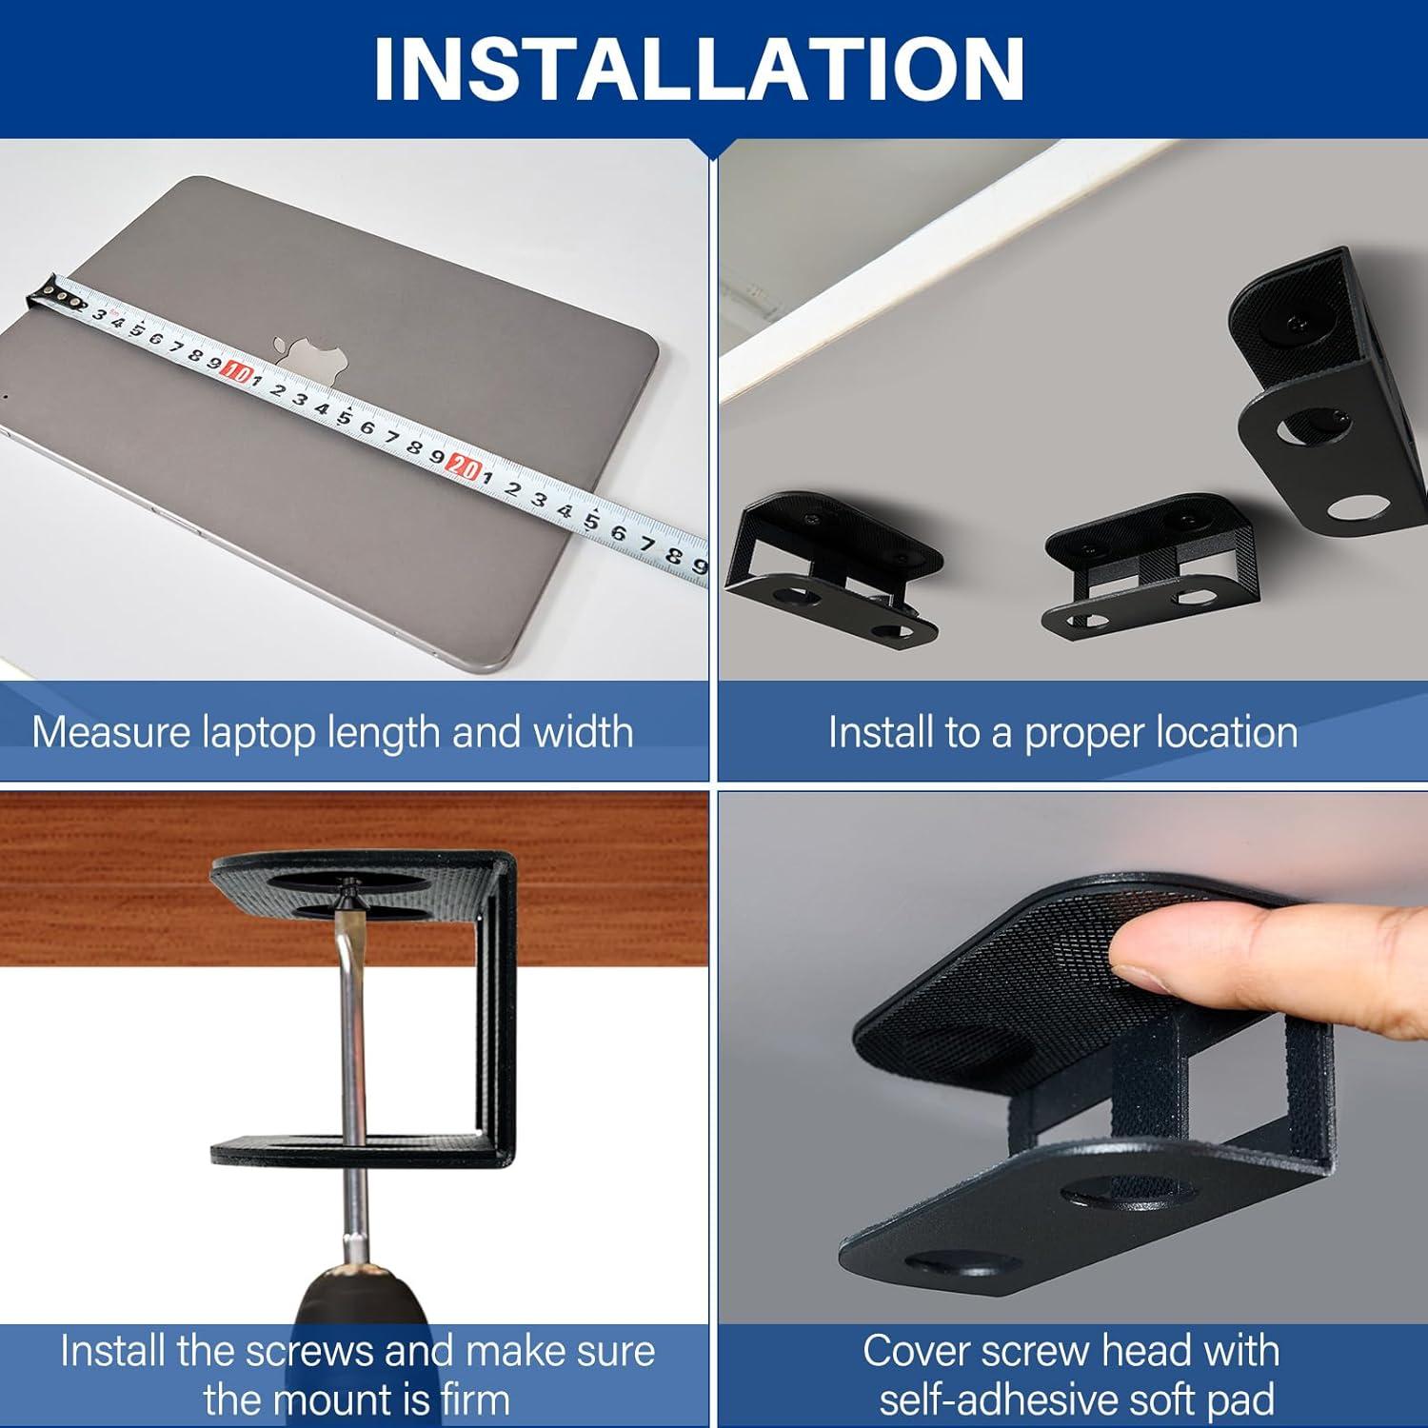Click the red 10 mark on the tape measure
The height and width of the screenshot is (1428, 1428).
[x=235, y=373]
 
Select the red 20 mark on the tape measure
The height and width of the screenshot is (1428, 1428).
[x=464, y=466]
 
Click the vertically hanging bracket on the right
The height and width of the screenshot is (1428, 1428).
[x=1319, y=390]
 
